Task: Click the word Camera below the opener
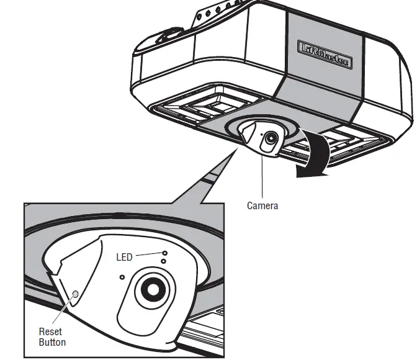point(262,206)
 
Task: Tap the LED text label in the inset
point(125,257)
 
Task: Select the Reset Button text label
point(52,337)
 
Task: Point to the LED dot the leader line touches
point(164,253)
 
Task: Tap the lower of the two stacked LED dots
point(163,262)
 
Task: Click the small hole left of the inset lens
point(122,277)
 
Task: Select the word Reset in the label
point(50,332)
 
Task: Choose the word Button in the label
point(52,342)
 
